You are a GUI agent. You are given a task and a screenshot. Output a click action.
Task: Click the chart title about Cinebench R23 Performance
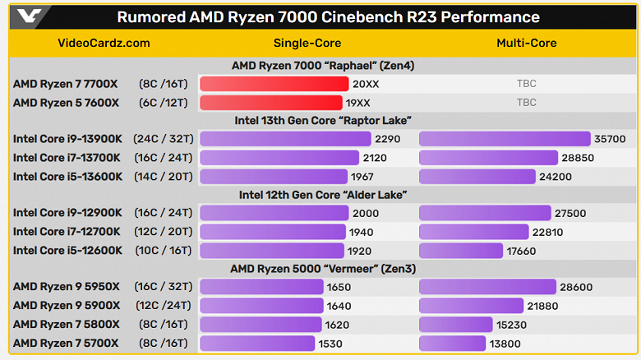[328, 17]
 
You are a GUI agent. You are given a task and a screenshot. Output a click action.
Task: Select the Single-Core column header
[307, 43]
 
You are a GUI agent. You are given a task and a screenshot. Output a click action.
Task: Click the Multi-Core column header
[526, 43]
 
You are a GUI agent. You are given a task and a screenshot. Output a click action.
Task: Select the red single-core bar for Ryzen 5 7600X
[271, 103]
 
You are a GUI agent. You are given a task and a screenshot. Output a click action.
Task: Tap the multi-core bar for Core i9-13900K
[505, 139]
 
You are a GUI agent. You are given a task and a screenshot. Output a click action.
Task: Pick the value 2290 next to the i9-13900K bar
[387, 139]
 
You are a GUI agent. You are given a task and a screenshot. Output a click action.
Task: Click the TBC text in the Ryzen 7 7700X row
[526, 84]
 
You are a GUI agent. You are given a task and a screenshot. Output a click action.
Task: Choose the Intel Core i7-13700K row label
[67, 158]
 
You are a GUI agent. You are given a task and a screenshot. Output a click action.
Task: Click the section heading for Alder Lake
[322, 195]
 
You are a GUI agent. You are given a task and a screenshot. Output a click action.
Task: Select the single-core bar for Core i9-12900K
[274, 213]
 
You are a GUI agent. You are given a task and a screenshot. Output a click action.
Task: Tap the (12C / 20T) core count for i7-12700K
[164, 232]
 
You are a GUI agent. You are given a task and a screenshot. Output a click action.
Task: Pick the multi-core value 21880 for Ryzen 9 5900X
[546, 306]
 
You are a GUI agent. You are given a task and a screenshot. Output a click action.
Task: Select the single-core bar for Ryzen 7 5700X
[257, 343]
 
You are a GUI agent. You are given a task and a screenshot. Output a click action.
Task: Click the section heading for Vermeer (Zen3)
[322, 269]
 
